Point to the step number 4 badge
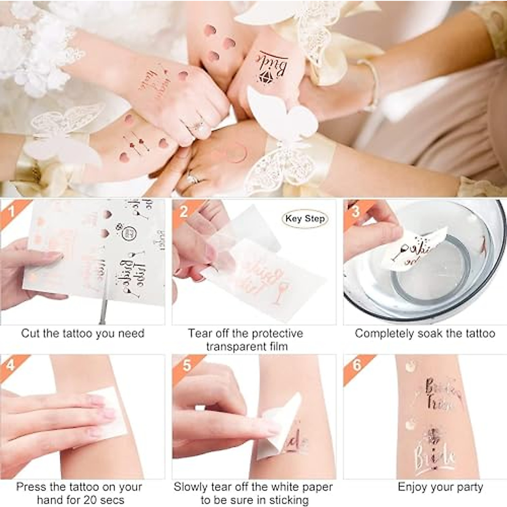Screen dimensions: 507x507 pyautogui.click(x=11, y=364)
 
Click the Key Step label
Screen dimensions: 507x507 pyautogui.click(x=305, y=218)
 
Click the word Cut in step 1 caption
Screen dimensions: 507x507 pyautogui.click(x=30, y=333)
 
